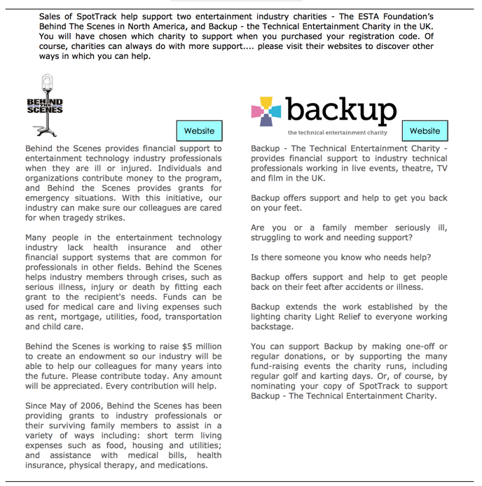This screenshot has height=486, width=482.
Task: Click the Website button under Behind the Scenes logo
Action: (x=199, y=131)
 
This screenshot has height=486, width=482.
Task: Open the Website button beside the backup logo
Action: (x=425, y=131)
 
